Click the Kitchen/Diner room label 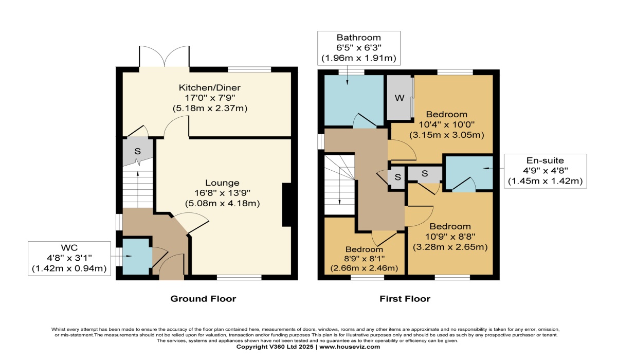tap(210, 87)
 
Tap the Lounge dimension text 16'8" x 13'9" tap(222, 193)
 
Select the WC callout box tap(69, 258)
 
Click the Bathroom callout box tap(359, 48)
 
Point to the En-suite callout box tap(546, 171)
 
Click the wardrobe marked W tap(400, 98)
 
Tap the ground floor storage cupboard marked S tap(137, 151)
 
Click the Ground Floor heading tap(203, 299)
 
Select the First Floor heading tap(405, 299)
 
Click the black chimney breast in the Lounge tap(287, 205)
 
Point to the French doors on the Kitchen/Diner tap(165, 57)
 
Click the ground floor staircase tap(137, 187)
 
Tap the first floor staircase tap(339, 185)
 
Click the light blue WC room tap(137, 257)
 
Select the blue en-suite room tap(469, 173)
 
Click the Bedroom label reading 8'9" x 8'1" tap(364, 259)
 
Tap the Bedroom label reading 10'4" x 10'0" tap(447, 124)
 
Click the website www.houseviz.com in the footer tap(350, 347)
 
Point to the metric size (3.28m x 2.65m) tap(450, 247)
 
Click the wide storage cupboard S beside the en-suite tap(425, 173)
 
